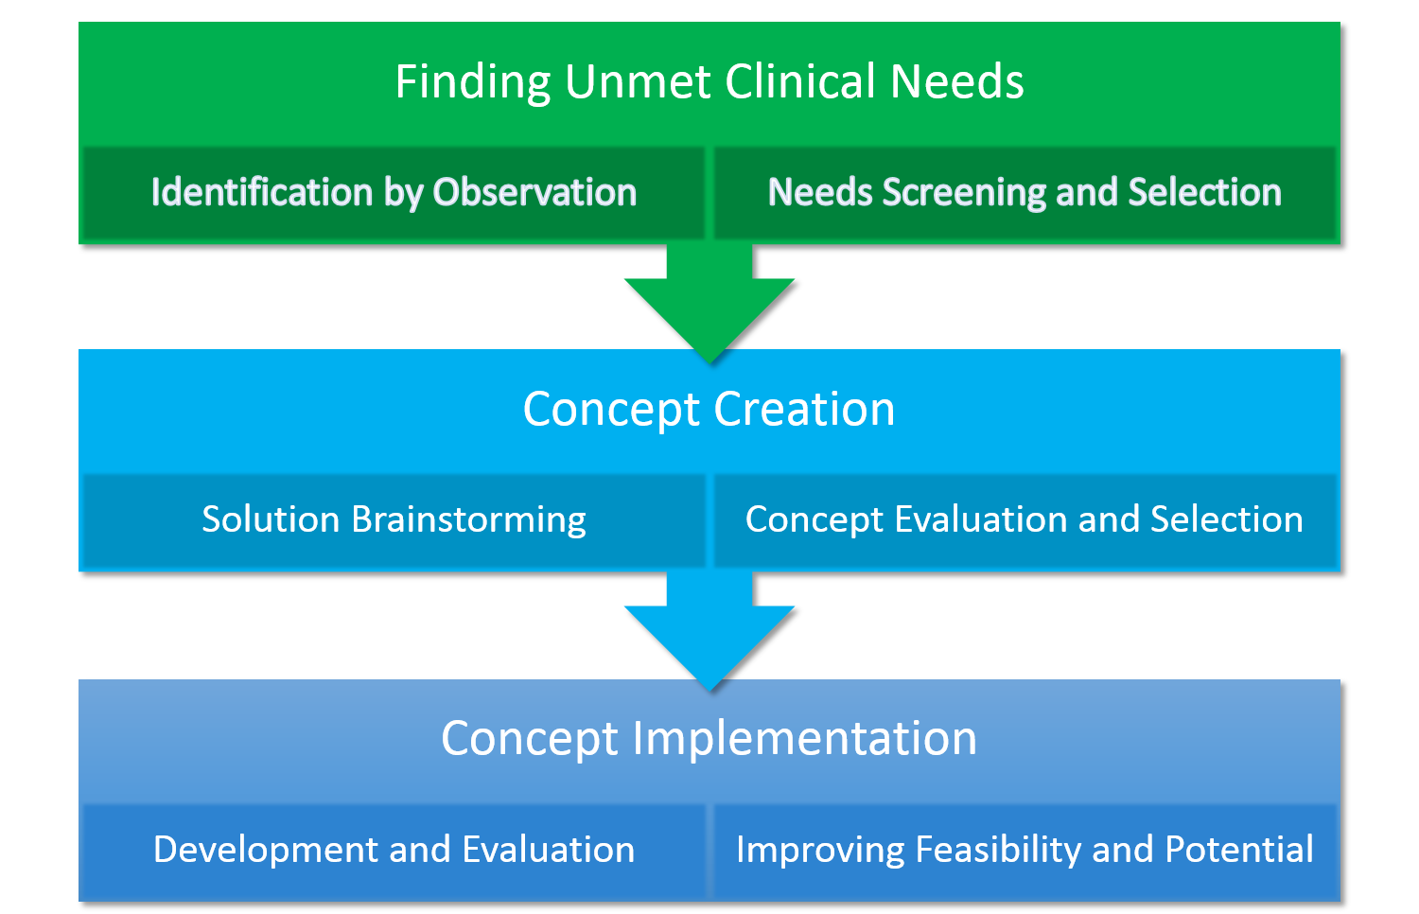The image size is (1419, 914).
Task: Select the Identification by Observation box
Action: coord(394,193)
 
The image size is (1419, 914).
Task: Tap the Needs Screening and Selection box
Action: coord(1025,193)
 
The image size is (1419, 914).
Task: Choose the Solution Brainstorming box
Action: coord(394,520)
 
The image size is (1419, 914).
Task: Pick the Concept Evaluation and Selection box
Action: coord(1025,520)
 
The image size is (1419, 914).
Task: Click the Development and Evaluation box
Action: coord(394,851)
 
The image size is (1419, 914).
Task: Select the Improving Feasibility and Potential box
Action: coord(1025,851)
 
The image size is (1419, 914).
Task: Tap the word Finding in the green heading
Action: coord(473,83)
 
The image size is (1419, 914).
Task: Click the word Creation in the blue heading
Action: coord(804,409)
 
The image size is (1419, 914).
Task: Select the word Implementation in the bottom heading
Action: coord(805,740)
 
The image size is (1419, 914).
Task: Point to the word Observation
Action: coord(534,192)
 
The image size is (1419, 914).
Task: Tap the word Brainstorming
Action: coord(468,520)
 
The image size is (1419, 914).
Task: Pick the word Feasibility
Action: coord(998,850)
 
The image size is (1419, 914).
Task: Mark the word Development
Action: coord(266,850)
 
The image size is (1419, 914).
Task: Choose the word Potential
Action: coord(1239,849)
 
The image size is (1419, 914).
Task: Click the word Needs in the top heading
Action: coord(956,81)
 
